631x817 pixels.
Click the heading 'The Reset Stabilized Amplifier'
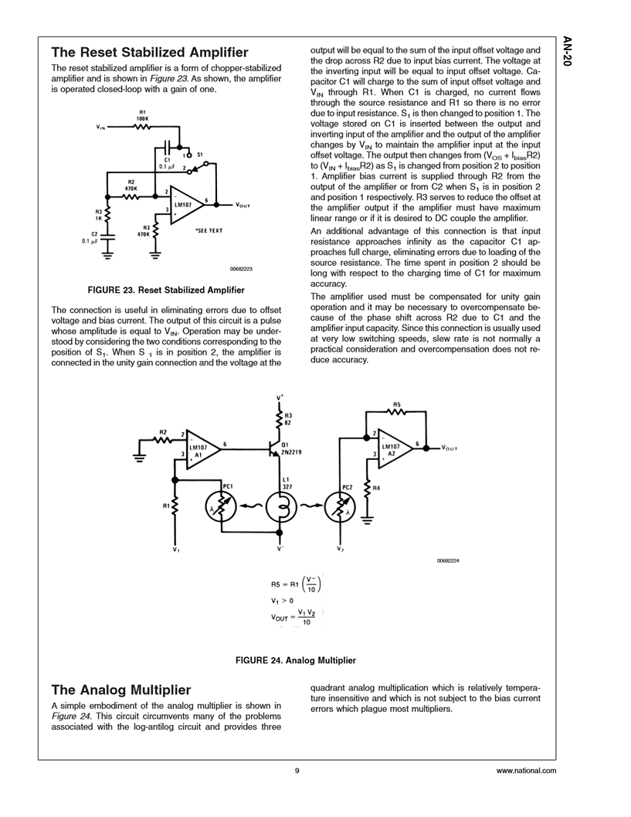pyautogui.click(x=149, y=53)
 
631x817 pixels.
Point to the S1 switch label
pyautogui.click(x=199, y=154)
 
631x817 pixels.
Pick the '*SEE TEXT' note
pyautogui.click(x=209, y=230)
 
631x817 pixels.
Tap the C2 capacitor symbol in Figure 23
pyautogui.click(x=106, y=237)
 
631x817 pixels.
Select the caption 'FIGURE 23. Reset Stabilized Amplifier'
pyautogui.click(x=166, y=290)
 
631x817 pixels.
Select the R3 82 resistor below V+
pyautogui.click(x=280, y=419)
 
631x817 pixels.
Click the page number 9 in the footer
pyautogui.click(x=297, y=771)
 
